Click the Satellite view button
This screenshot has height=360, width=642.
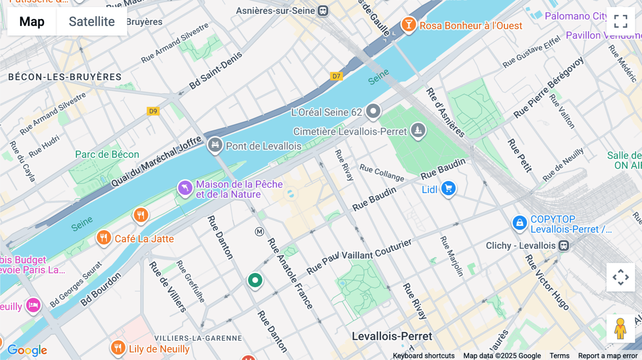click(x=92, y=21)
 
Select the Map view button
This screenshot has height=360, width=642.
click(x=32, y=21)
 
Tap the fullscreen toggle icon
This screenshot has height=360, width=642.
click(x=621, y=21)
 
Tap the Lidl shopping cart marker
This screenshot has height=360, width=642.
click(x=448, y=188)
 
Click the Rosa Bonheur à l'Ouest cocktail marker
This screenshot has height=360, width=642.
click(x=409, y=25)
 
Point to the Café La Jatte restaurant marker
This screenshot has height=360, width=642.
click(x=104, y=237)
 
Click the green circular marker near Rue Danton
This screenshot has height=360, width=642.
click(x=255, y=281)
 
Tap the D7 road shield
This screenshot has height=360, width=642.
click(x=336, y=76)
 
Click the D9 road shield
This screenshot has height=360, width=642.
click(x=153, y=111)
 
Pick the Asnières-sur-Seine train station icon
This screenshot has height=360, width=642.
click(x=323, y=11)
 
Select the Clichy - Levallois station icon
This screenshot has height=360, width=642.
click(x=564, y=246)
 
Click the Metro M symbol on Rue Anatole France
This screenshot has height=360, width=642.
click(x=259, y=232)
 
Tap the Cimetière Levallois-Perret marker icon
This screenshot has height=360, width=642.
click(x=418, y=130)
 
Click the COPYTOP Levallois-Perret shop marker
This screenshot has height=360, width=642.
click(x=520, y=223)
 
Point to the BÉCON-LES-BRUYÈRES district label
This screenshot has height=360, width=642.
click(x=65, y=77)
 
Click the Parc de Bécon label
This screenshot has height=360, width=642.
click(x=107, y=154)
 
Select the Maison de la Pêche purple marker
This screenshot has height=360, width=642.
click(x=185, y=188)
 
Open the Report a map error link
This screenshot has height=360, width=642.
click(x=608, y=356)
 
